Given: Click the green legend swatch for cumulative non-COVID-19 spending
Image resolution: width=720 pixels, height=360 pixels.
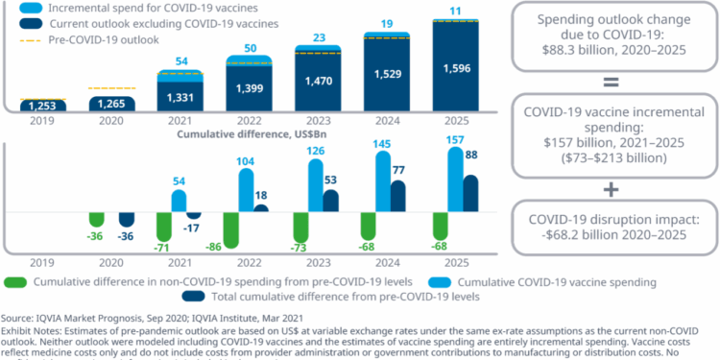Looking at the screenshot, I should [x=16, y=282].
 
